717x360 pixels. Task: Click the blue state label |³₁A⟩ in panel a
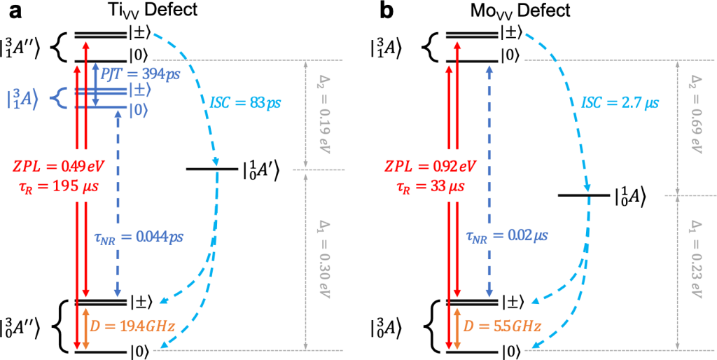23,99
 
